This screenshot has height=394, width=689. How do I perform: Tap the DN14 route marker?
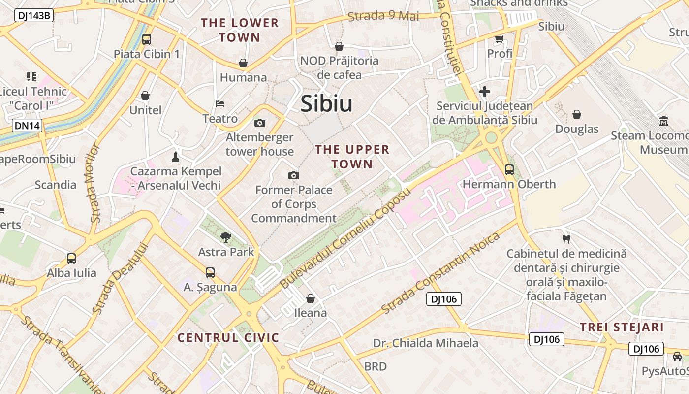click(27, 126)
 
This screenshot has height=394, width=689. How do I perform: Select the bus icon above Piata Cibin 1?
click(146, 39)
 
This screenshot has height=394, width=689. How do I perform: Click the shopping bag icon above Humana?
click(243, 63)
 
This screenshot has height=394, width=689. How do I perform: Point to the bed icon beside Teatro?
click(220, 104)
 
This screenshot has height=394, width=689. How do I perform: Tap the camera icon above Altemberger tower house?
click(259, 123)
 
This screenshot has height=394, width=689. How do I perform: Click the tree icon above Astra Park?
click(226, 237)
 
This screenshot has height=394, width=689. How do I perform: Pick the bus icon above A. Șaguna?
click(210, 272)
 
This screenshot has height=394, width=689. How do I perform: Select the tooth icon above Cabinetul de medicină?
click(566, 239)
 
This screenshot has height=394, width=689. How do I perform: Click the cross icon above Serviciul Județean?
click(485, 91)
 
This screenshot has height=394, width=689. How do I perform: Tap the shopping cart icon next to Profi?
click(500, 39)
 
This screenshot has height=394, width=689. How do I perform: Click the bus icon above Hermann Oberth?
click(509, 170)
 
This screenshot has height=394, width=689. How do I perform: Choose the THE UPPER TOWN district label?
click(352, 157)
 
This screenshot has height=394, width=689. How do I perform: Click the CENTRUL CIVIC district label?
click(228, 338)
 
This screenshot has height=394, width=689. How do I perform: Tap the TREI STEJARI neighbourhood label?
click(622, 328)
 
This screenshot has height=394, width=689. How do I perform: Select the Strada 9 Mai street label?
click(383, 16)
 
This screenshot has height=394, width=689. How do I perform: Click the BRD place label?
click(376, 366)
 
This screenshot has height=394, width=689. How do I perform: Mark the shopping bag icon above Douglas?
click(577, 114)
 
